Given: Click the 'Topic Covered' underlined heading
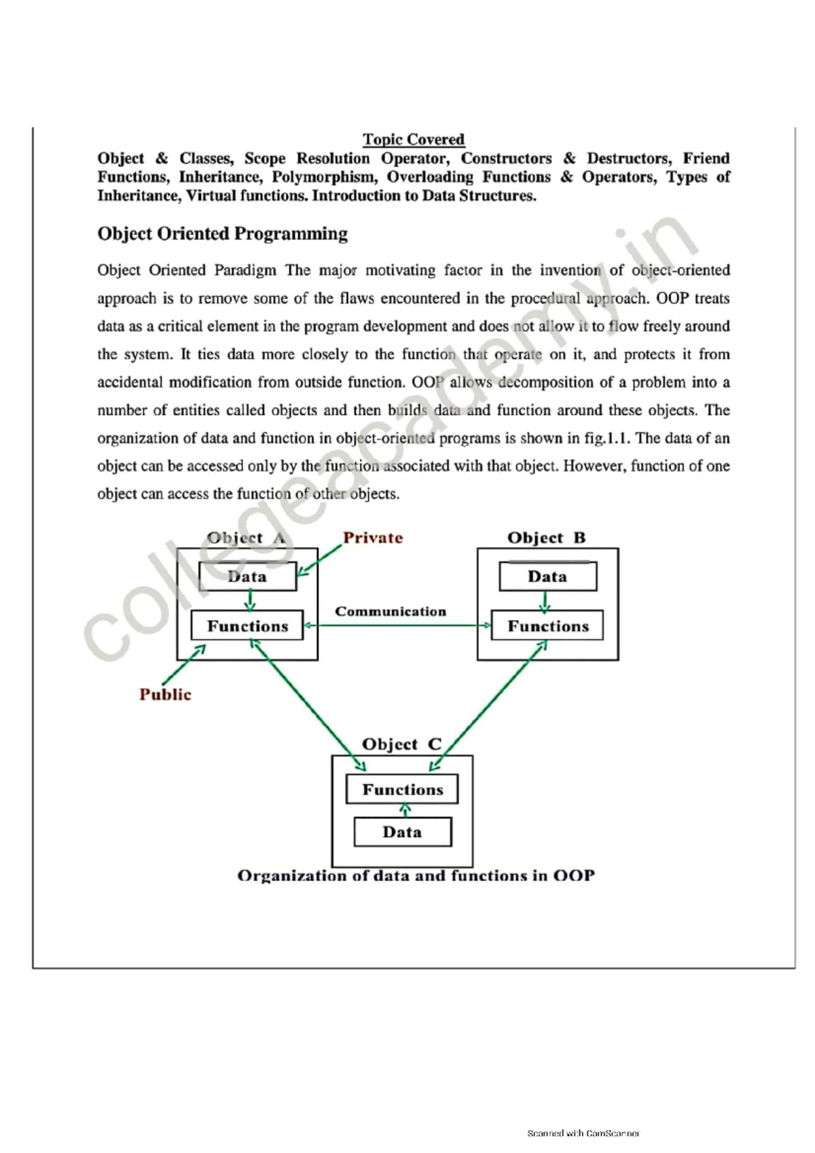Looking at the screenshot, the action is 413,139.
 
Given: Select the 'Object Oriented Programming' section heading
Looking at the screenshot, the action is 222,234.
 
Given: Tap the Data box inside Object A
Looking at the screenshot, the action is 247,576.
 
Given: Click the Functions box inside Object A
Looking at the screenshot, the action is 247,626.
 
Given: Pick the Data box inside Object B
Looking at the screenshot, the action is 547,576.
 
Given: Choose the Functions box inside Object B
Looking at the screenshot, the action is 547,626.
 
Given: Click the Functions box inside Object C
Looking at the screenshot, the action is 402,790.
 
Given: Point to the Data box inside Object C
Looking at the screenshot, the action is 402,832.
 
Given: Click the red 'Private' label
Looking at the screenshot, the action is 373,538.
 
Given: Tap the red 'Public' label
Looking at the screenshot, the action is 165,694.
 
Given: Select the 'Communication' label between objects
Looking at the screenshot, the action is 391,611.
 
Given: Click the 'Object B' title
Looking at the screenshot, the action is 546,538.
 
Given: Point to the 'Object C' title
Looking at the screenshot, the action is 401,744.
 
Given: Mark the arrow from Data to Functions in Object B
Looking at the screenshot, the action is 545,602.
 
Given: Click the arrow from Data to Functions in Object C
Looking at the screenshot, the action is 405,810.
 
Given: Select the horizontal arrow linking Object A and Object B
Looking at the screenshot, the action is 397,625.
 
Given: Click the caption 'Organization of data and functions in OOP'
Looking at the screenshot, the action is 416,876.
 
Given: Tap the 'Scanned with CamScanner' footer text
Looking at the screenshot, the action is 583,1133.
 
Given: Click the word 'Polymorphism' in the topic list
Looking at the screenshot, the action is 324,177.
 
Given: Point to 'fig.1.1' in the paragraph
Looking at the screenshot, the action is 607,438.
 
